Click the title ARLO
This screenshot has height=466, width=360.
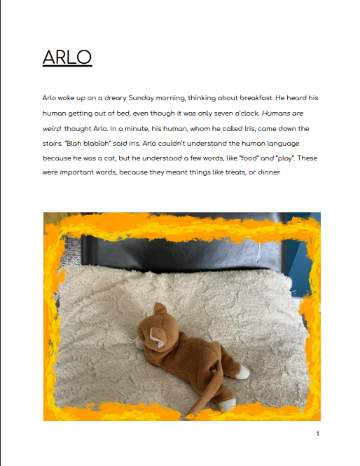(x=67, y=57)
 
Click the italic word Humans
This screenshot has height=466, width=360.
(x=275, y=114)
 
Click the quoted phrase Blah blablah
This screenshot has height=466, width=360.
(x=86, y=144)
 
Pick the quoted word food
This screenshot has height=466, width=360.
(x=244, y=158)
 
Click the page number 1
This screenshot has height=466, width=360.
(x=317, y=434)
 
